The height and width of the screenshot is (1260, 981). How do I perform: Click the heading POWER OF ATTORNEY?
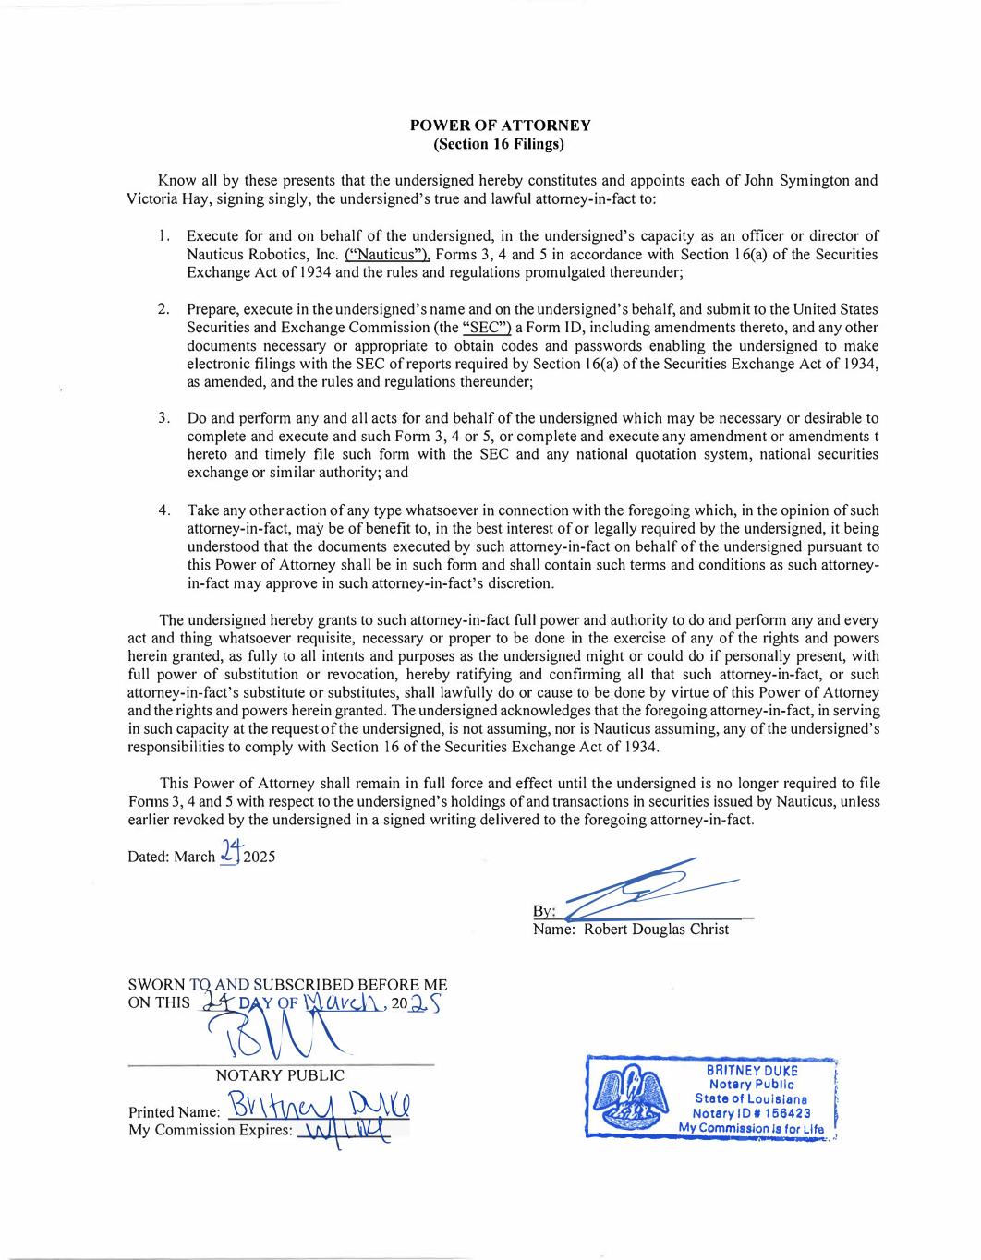coord(500,126)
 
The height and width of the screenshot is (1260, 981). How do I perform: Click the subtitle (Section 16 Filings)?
coord(500,144)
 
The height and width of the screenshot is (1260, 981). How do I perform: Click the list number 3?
coord(163,418)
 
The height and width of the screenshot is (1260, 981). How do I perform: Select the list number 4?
coord(163,510)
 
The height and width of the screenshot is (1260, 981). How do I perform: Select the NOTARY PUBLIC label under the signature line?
coord(280,1075)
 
